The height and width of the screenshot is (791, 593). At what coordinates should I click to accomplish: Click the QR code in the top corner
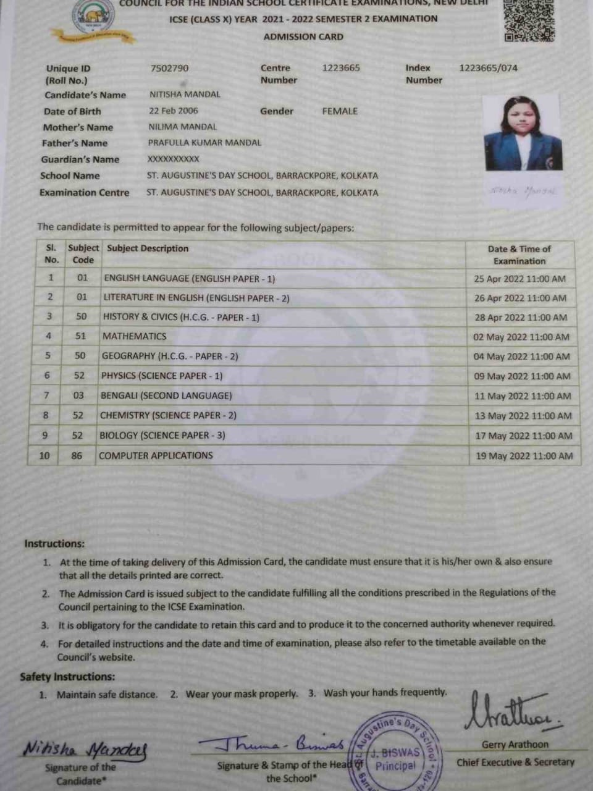[x=529, y=20]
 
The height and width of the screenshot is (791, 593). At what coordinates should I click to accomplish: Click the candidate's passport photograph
[x=523, y=133]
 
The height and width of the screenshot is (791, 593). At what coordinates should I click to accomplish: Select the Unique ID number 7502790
[x=169, y=68]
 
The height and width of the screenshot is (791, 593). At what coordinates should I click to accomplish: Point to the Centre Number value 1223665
[x=340, y=68]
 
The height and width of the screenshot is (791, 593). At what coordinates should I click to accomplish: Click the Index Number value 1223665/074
[x=488, y=68]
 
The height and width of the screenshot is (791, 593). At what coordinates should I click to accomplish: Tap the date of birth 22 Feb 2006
[x=174, y=111]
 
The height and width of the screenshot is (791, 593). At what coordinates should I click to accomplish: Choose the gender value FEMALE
[x=340, y=111]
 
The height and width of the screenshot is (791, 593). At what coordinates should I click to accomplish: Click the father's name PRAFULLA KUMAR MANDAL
[x=204, y=143]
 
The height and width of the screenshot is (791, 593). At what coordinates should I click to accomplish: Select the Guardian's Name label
[x=80, y=159]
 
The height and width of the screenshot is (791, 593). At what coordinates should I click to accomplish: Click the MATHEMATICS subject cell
[x=135, y=336]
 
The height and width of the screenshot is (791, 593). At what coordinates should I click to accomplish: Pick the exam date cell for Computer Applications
[x=524, y=456]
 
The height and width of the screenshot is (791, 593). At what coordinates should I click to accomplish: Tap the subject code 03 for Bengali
[x=78, y=395]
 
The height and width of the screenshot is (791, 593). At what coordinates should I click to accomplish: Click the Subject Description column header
[x=148, y=248]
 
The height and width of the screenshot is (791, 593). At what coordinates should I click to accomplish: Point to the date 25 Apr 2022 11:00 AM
[x=519, y=279]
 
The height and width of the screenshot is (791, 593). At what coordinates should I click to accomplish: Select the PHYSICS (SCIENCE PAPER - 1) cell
[x=162, y=376]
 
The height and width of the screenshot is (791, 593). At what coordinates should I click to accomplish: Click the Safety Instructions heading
[x=67, y=677]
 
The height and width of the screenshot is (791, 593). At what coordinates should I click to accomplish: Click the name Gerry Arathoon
[x=515, y=745]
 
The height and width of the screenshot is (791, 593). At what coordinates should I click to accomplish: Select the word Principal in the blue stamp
[x=396, y=766]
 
